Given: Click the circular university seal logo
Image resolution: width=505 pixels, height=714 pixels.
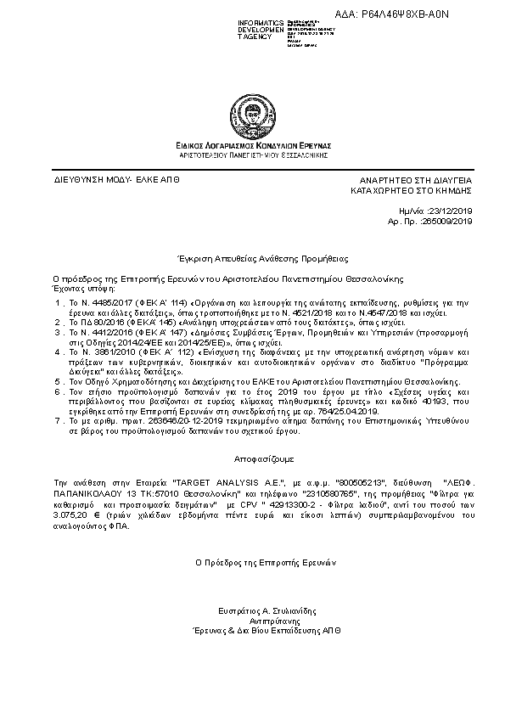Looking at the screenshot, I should (254, 113).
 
